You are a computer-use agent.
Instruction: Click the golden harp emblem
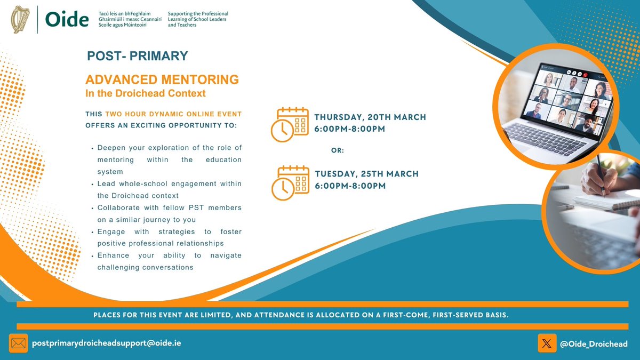(21, 20)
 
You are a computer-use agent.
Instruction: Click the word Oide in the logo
(67, 20)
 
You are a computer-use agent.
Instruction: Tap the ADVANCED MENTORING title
(162, 80)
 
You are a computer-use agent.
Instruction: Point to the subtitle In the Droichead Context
(146, 93)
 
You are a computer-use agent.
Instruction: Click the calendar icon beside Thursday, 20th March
(290, 124)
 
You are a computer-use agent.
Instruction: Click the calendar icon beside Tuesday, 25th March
(290, 181)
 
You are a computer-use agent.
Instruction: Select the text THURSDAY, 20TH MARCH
(370, 117)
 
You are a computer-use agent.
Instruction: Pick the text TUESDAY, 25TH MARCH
(366, 174)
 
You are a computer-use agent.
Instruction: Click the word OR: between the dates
(338, 151)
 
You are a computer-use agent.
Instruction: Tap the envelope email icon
(18, 343)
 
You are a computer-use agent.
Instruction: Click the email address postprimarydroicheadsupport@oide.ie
(107, 343)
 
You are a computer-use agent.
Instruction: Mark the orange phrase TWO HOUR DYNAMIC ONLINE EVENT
(173, 114)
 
